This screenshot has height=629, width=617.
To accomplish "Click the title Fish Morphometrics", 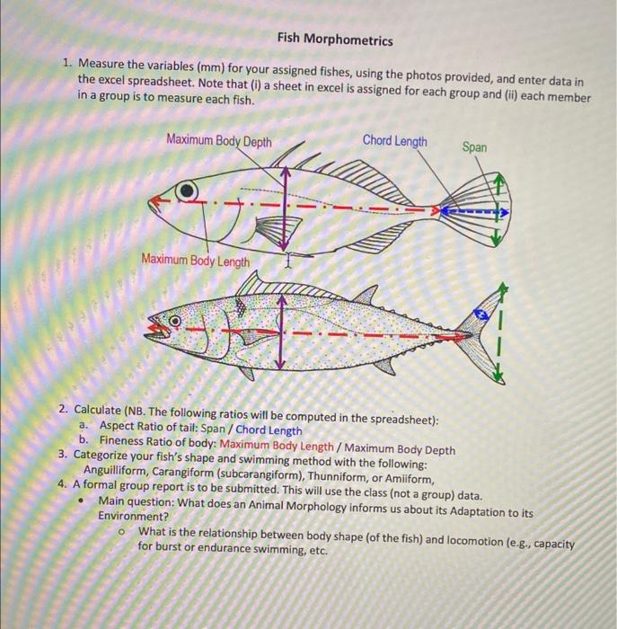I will [x=334, y=40].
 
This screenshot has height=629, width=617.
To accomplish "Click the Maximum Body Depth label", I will [x=219, y=141].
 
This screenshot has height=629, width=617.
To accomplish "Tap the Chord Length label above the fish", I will [x=394, y=141].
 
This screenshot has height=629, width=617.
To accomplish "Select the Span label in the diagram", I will [x=475, y=146].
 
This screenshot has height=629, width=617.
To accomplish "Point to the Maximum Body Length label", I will [x=196, y=261].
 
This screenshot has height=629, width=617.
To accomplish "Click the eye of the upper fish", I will [x=185, y=190].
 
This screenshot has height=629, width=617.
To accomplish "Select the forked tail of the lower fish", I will [x=490, y=332].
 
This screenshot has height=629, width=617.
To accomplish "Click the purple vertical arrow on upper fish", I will [x=286, y=207].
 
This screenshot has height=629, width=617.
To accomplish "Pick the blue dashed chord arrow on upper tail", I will [x=476, y=213].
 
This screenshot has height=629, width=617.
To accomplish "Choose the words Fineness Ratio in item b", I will [x=138, y=440].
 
